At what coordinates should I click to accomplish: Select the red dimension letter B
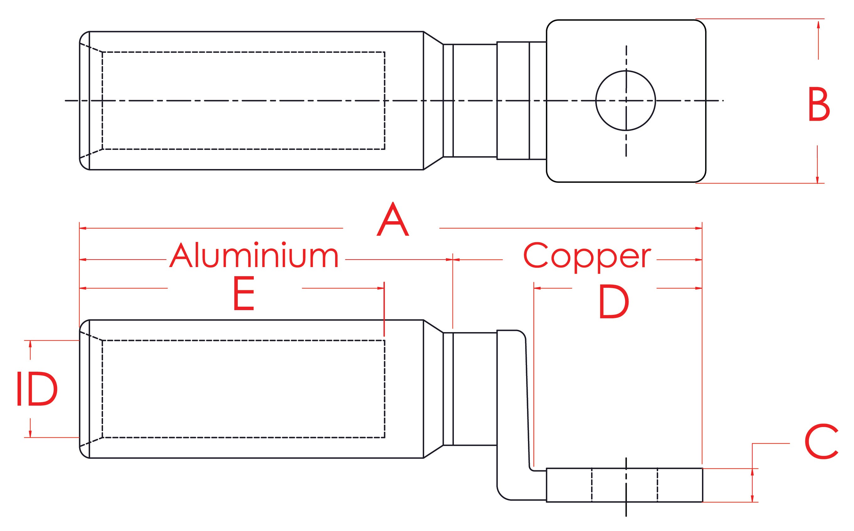click(x=819, y=104)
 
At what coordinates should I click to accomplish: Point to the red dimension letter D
click(x=613, y=302)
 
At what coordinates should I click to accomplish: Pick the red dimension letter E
click(x=244, y=293)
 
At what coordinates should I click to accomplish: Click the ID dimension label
click(x=37, y=389)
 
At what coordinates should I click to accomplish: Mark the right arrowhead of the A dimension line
click(x=699, y=228)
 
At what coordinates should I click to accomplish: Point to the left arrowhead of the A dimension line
click(x=83, y=228)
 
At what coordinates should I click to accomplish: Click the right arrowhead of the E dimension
click(x=381, y=288)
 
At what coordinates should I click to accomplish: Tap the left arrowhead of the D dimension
click(x=537, y=288)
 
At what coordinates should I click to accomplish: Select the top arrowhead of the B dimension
click(x=818, y=24)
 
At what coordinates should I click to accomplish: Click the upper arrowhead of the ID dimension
click(x=30, y=344)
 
